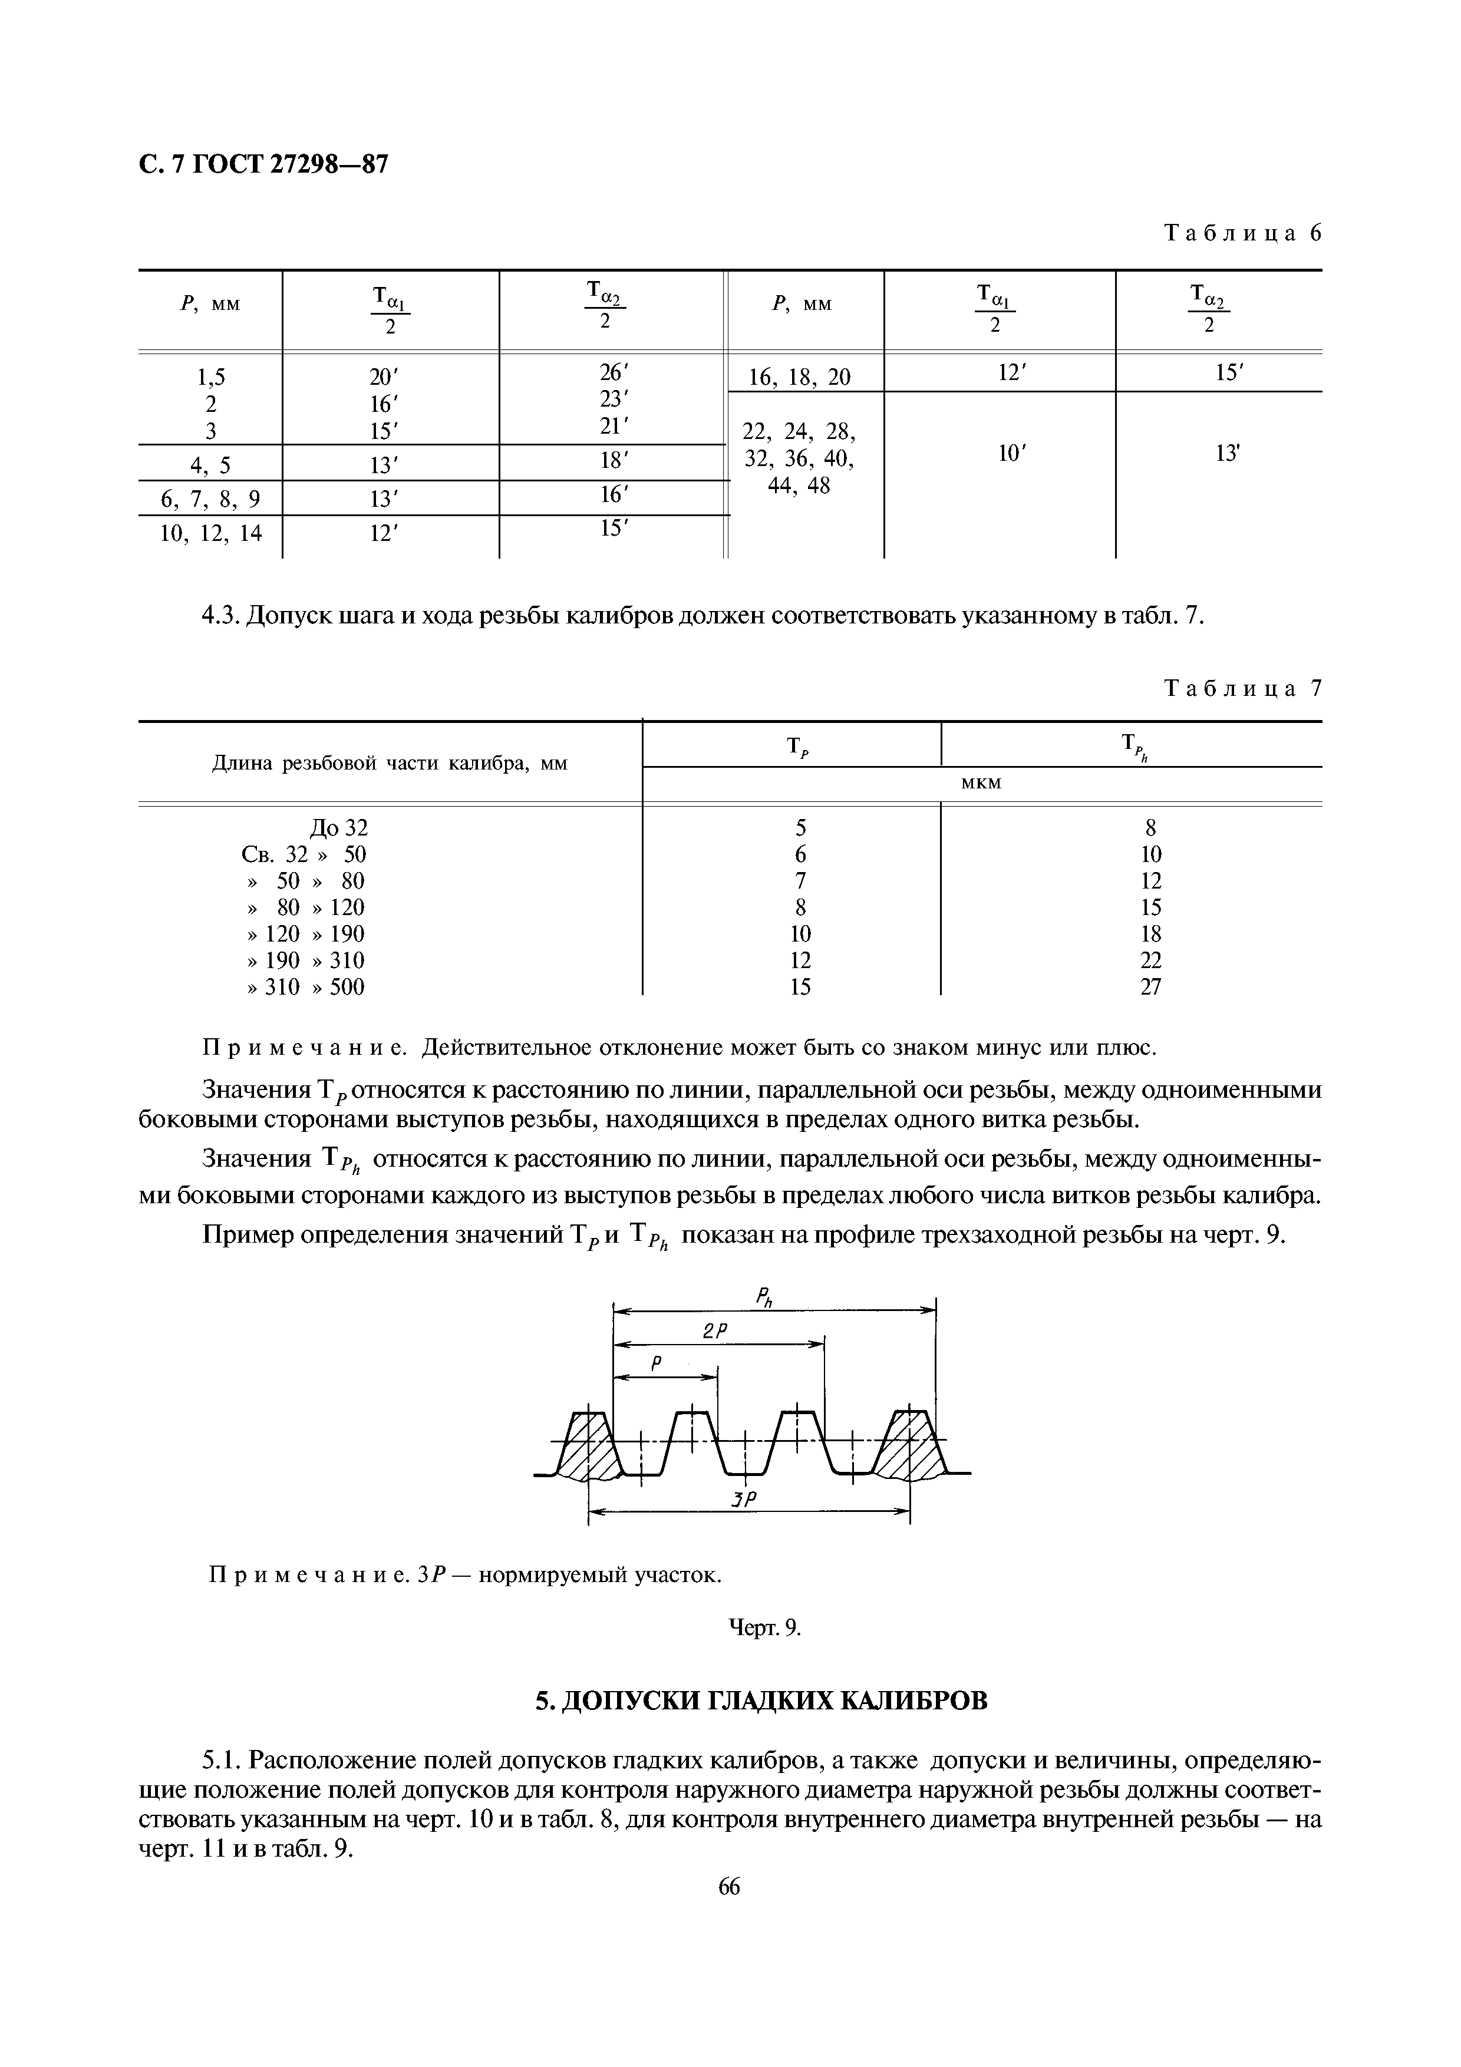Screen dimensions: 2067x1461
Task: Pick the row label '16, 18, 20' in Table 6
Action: tap(800, 377)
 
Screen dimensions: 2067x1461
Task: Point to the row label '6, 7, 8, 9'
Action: tap(210, 498)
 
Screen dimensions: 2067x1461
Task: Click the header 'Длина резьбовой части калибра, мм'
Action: tap(390, 764)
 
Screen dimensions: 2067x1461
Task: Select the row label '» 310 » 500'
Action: tap(306, 987)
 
